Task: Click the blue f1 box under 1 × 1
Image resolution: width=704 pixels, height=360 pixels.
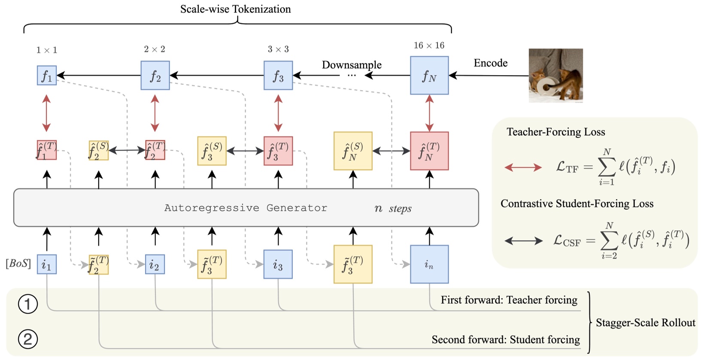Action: [47, 76]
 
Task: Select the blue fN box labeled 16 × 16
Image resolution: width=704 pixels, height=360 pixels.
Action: [429, 76]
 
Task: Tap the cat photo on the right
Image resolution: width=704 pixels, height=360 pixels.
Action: [555, 76]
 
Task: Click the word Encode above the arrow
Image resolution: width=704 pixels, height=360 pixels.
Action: [490, 63]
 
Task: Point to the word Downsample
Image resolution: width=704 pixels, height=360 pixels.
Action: [352, 65]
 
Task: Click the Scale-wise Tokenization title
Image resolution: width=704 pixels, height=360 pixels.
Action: [235, 9]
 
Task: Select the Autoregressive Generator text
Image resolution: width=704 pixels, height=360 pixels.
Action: [246, 208]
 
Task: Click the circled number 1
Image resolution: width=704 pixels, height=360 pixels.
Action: [28, 304]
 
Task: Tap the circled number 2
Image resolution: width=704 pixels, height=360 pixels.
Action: [28, 339]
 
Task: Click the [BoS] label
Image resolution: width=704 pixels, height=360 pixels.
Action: [18, 263]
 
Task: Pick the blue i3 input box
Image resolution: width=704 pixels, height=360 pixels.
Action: [278, 264]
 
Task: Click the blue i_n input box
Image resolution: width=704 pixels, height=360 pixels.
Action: [429, 264]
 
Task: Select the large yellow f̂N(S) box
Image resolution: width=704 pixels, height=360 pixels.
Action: [353, 151]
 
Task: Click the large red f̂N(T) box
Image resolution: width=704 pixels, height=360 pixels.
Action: [429, 151]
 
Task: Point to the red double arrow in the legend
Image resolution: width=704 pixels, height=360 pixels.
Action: [523, 167]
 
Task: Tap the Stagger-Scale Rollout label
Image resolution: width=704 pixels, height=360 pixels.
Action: [645, 323]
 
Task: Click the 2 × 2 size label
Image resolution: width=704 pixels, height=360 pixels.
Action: [155, 49]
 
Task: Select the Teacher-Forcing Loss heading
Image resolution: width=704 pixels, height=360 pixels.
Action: [555, 132]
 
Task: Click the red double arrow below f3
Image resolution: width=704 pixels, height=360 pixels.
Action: [278, 113]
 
